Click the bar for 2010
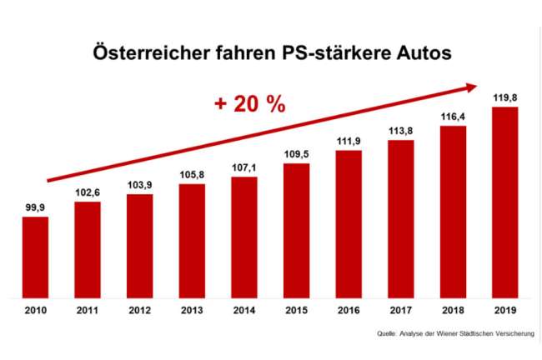point(35,257)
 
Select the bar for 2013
point(192,241)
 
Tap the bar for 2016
point(349,224)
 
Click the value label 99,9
point(35,208)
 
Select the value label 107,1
point(244,168)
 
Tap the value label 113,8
point(401,131)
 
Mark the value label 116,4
point(454,117)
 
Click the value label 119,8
point(505,97)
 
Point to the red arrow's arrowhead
point(472,86)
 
